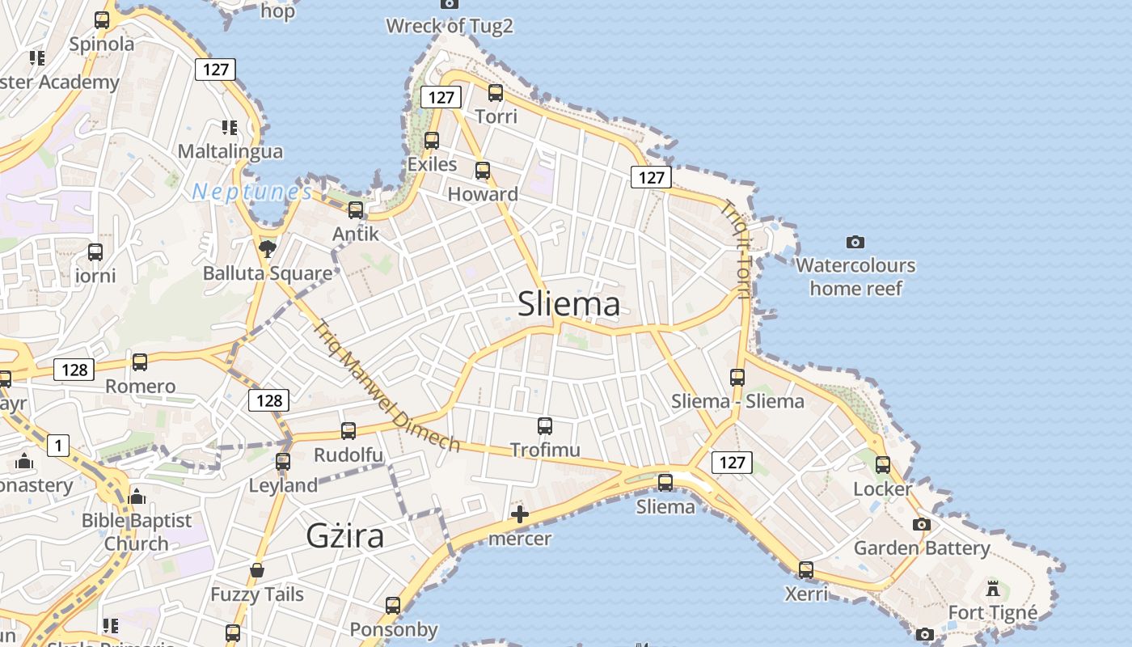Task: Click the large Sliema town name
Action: [569, 304]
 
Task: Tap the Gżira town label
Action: [345, 535]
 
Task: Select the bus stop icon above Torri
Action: [496, 93]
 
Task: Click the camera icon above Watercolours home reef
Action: [855, 242]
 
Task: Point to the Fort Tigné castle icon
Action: [993, 588]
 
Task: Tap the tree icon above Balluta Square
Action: [266, 248]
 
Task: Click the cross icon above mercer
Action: [520, 514]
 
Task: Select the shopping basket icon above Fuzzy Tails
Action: [257, 571]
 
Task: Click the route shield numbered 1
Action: [58, 445]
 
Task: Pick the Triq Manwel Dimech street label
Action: [386, 387]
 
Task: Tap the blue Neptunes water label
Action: [252, 192]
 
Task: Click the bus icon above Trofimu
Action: [545, 425]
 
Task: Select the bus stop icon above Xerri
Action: [806, 569]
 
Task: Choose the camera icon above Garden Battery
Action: [922, 524]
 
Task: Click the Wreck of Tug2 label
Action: [450, 26]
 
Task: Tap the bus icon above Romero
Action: [140, 362]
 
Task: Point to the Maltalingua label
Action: [230, 151]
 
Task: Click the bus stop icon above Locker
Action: [883, 465]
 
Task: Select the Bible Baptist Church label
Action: [137, 531]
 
